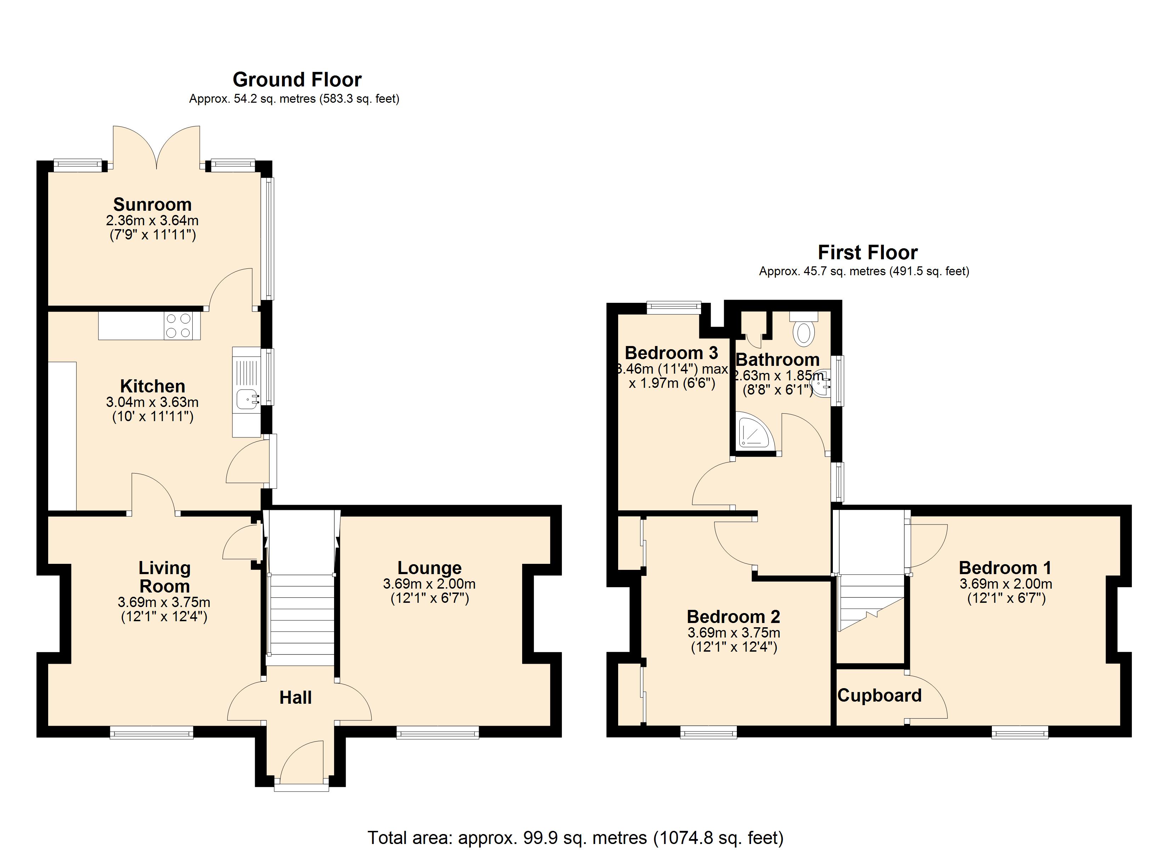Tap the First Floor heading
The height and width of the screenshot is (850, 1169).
[868, 253]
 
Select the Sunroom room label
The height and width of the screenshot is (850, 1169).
[153, 205]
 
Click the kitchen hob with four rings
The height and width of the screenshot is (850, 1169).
[178, 326]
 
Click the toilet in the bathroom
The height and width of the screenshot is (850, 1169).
[803, 333]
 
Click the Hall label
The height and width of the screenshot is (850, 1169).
[295, 698]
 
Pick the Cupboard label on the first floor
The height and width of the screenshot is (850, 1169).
[879, 696]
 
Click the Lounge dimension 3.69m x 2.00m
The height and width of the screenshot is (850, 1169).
[429, 584]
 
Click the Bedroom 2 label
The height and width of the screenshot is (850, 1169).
[734, 617]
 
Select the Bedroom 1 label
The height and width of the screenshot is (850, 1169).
[1005, 568]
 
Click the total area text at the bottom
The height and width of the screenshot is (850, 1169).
[575, 838]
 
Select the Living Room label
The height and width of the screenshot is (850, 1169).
[164, 577]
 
